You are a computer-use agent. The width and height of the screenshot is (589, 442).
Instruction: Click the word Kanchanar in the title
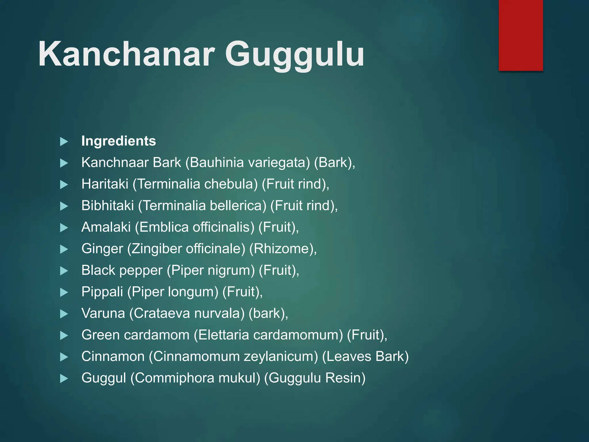[127, 54]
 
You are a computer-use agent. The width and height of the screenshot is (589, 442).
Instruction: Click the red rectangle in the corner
[521, 35]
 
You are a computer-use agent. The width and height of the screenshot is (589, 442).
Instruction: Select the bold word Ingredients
[118, 141]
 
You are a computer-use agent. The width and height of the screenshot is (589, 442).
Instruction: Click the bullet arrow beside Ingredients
[64, 142]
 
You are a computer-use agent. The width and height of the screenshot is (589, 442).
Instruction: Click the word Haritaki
[105, 184]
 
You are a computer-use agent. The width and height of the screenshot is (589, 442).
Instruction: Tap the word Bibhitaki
[108, 206]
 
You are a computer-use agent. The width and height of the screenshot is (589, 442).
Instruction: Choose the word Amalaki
[106, 227]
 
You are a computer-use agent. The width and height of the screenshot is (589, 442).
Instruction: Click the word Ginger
[102, 249]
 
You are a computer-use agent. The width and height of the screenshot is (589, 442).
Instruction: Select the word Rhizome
[282, 249]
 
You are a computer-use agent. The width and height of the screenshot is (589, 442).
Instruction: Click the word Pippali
[102, 292]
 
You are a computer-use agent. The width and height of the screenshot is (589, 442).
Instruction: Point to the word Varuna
[103, 313]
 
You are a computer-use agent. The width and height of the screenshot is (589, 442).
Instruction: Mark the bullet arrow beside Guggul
[64, 379]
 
